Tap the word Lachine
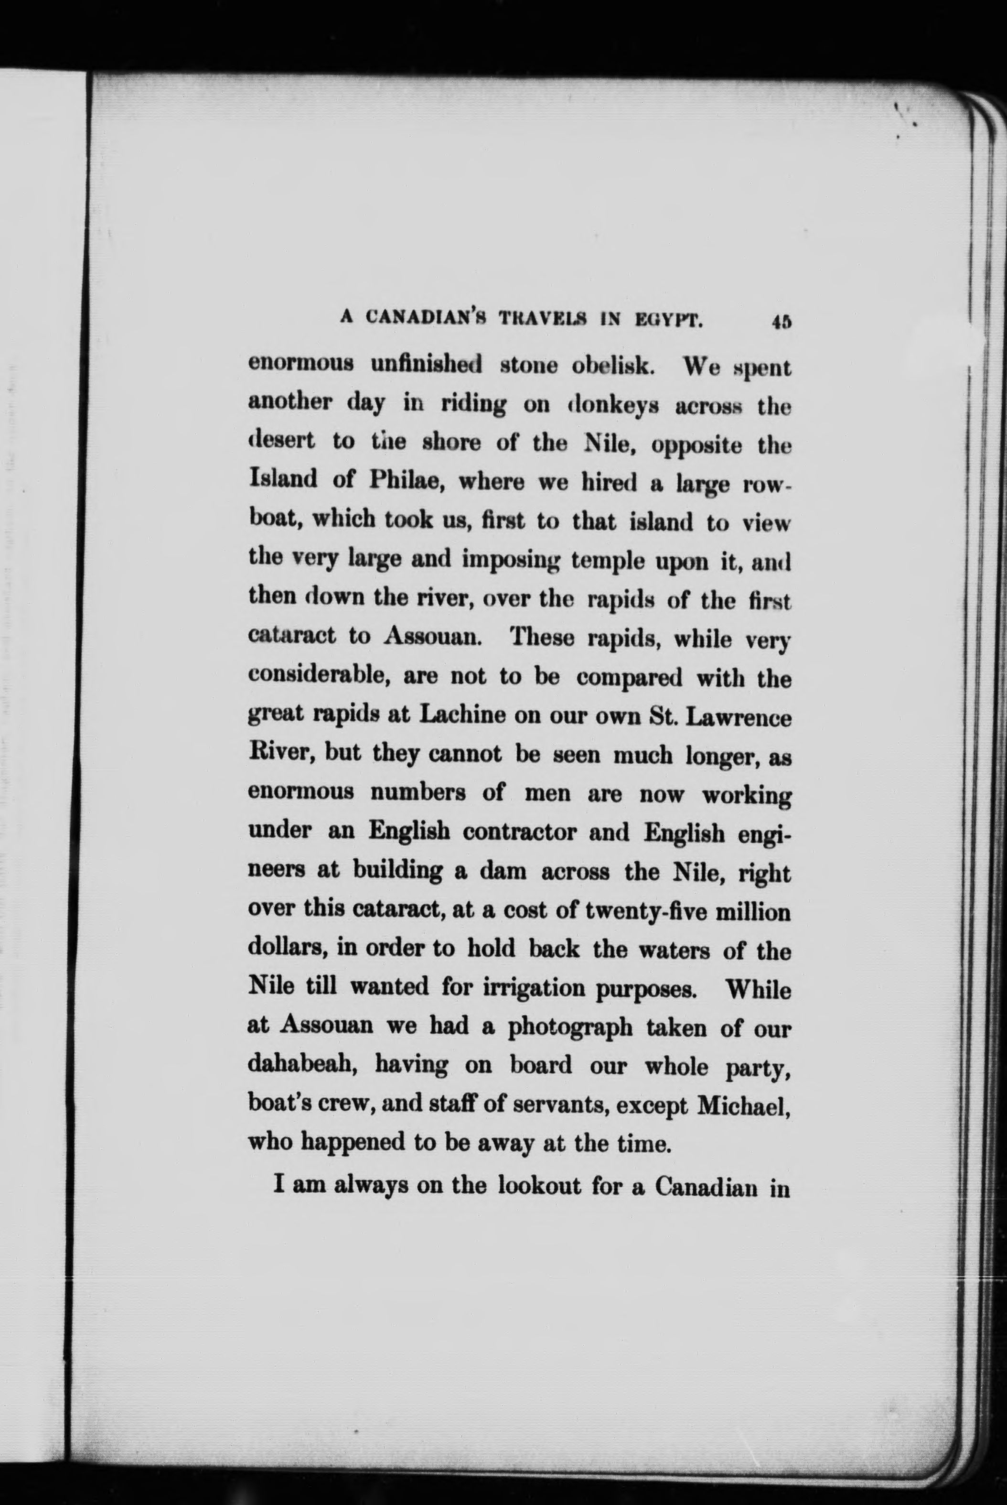(461, 716)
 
